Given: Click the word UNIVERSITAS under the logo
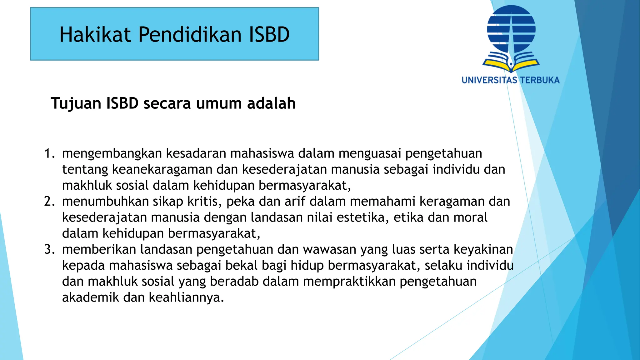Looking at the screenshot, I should (489, 80).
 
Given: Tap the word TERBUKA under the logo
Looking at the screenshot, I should (540, 80).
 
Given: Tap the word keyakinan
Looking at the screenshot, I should (483, 249).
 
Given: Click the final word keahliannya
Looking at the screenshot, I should (186, 297).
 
